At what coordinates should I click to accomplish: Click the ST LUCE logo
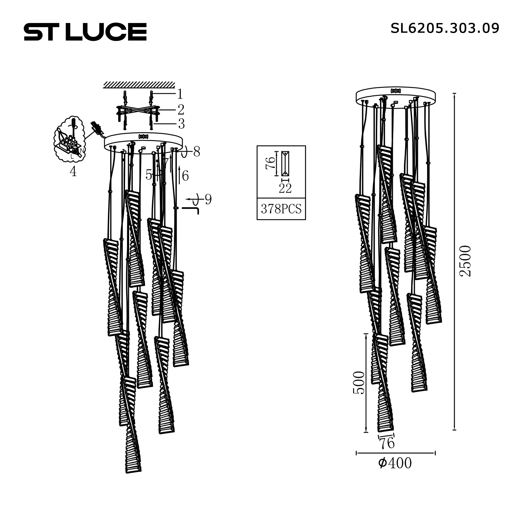click(x=85, y=32)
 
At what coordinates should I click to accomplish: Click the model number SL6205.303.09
click(x=445, y=28)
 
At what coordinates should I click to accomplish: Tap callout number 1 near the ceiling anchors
click(x=180, y=94)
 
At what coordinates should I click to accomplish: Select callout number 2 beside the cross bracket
click(x=181, y=110)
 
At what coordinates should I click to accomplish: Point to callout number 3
click(x=181, y=124)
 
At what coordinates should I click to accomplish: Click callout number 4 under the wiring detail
click(x=73, y=171)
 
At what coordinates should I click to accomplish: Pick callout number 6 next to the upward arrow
click(x=185, y=176)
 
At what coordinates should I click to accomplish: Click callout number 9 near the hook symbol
click(x=208, y=200)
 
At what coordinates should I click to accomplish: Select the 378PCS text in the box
click(x=281, y=209)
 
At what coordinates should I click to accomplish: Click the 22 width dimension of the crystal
click(x=285, y=188)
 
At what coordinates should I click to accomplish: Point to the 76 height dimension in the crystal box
click(x=270, y=163)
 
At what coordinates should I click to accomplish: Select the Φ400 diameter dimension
click(x=395, y=463)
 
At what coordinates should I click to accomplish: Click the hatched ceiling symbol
click(x=139, y=85)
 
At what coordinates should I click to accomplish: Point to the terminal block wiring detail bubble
click(x=69, y=140)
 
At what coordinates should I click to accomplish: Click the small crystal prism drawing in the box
click(x=285, y=163)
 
